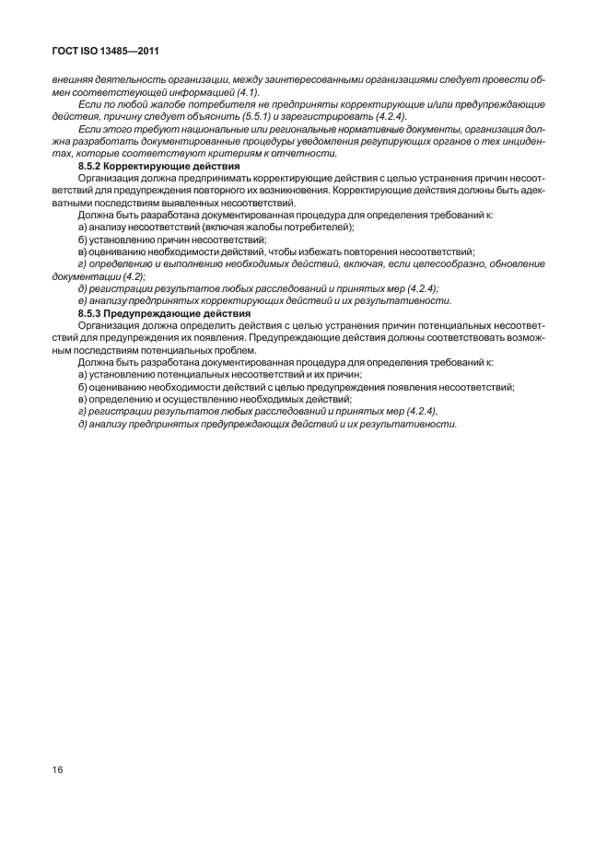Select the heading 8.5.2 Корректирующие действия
144,166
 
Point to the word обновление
516,264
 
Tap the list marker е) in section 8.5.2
83,301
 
